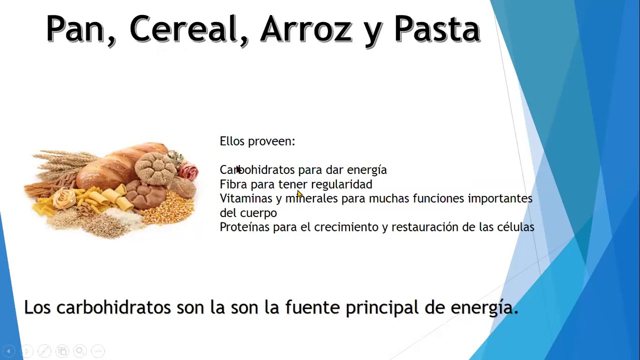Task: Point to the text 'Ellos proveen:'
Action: pos(257,141)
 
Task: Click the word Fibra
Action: pos(233,184)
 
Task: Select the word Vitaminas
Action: pos(245,198)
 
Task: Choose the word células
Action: pos(515,227)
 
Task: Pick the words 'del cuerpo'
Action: pos(248,213)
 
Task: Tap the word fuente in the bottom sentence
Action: pos(312,307)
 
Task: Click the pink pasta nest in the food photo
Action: pos(188,171)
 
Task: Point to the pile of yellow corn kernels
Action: pos(168,207)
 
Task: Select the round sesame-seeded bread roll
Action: pos(155,168)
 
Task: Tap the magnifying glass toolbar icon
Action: pos(80,350)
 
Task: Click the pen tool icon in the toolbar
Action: pos(44,350)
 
